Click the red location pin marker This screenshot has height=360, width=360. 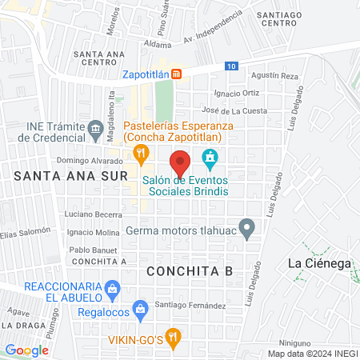tap(181, 162)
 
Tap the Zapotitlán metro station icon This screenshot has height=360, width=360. tap(177, 74)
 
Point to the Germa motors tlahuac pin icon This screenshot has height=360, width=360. tap(247, 230)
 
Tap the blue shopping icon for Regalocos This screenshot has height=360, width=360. tap(141, 308)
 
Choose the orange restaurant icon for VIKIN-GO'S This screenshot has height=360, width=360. tap(171, 336)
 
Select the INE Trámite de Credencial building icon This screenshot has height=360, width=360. tap(95, 127)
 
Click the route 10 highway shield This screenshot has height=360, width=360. tap(231, 66)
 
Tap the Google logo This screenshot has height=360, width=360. tap(27, 350)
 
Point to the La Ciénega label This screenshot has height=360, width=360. tap(318, 263)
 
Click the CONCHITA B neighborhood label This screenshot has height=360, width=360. tap(190, 270)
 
